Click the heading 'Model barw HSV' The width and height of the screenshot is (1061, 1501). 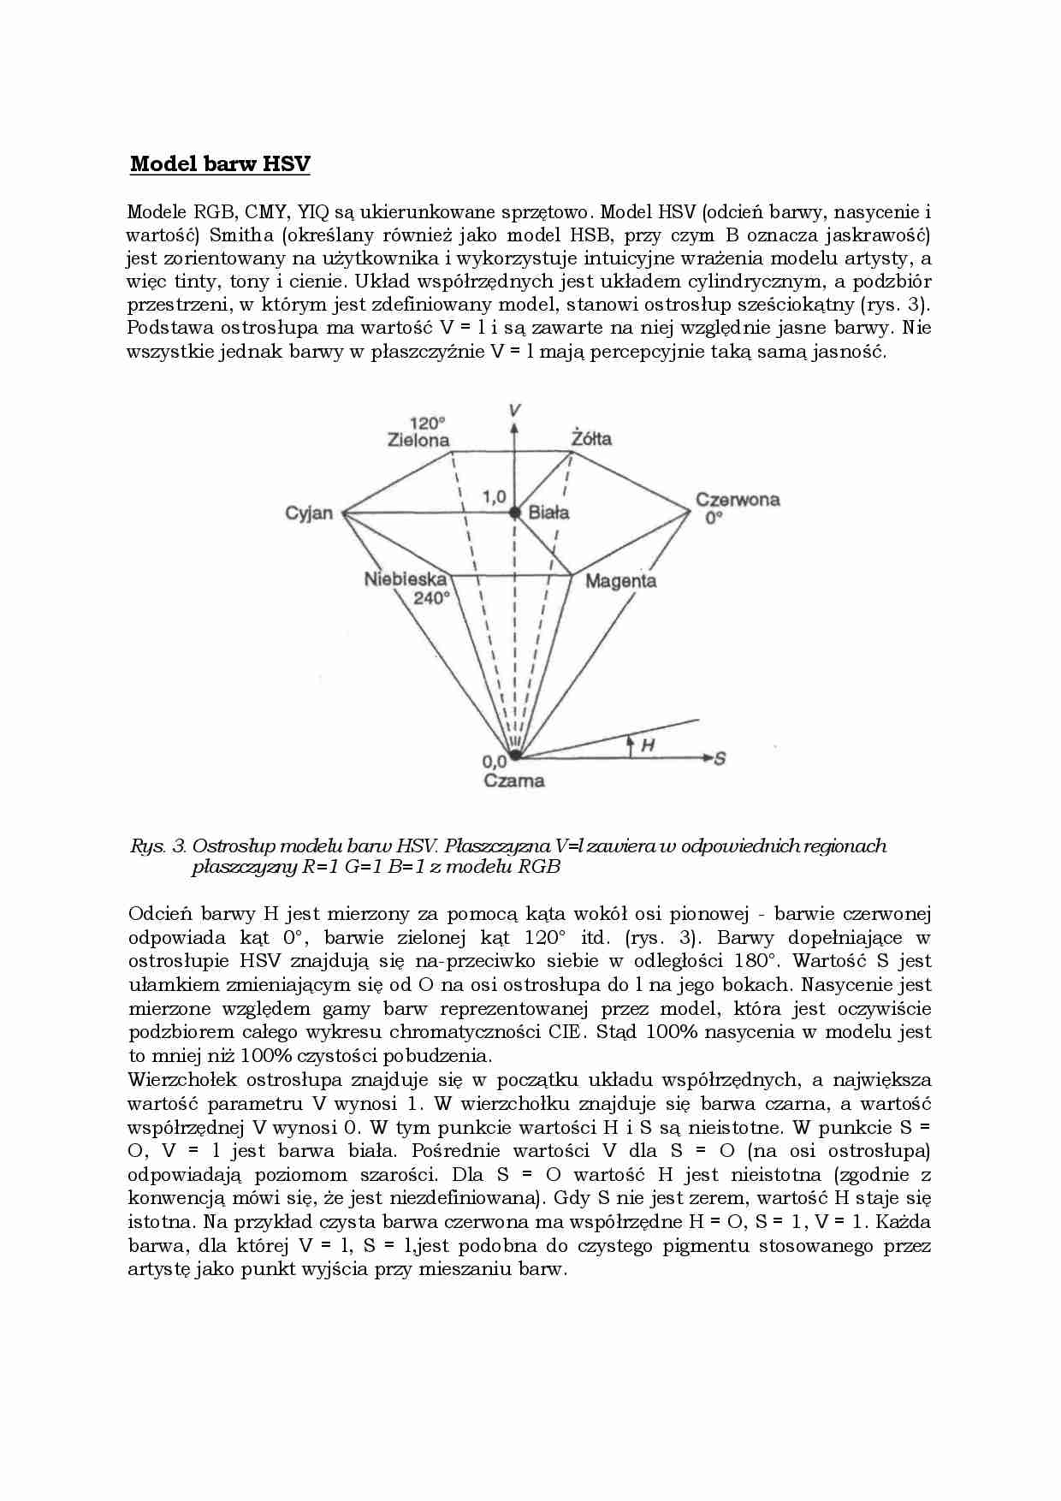click(220, 164)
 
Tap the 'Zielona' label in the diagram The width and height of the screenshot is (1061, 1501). click(418, 440)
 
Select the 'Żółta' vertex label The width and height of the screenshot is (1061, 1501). click(591, 438)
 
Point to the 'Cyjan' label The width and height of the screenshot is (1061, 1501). click(309, 513)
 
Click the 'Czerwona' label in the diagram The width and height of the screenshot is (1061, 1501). click(738, 500)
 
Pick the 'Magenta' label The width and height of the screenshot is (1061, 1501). click(621, 581)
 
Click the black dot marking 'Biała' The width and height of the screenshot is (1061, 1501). click(514, 513)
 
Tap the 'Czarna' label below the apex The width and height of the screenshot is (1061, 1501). click(514, 780)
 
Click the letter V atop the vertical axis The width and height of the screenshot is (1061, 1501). click(514, 410)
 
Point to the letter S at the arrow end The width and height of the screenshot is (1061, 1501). click(720, 758)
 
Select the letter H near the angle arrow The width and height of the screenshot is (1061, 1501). click(648, 745)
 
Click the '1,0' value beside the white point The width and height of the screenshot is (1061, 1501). click(494, 496)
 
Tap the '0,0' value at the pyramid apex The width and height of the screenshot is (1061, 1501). click(494, 760)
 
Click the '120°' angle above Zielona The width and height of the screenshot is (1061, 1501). click(428, 423)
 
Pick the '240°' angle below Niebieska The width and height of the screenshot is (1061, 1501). click(431, 598)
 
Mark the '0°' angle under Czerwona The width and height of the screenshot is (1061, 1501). click(714, 518)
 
